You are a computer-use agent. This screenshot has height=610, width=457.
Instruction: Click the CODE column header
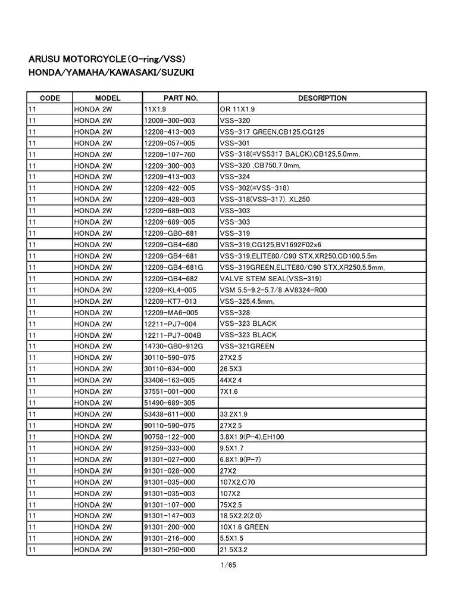tap(49, 98)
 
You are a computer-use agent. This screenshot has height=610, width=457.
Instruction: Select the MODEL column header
tap(108, 98)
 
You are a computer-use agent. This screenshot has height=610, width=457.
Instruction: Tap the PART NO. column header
tap(180, 98)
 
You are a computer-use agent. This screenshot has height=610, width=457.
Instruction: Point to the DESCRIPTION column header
tap(323, 98)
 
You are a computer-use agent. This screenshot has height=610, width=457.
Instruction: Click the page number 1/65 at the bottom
tap(228, 565)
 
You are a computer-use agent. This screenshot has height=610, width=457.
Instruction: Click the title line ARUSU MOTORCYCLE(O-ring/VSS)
tap(108, 60)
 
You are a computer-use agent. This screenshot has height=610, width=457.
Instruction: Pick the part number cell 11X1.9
tap(158, 110)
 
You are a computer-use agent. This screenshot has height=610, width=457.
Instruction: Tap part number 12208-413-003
tap(169, 132)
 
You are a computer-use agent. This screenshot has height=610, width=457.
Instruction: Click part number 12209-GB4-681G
tap(173, 267)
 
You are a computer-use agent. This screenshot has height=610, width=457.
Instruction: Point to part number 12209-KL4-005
tap(170, 290)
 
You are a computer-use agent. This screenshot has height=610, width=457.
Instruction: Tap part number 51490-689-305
tap(169, 403)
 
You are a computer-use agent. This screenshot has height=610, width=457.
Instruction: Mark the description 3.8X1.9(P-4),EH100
tap(252, 437)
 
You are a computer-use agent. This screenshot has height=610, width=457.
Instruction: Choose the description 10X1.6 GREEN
tap(244, 527)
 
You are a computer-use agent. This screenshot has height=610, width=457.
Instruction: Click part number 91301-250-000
tap(169, 550)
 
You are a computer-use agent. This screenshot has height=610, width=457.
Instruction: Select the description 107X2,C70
tap(237, 482)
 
